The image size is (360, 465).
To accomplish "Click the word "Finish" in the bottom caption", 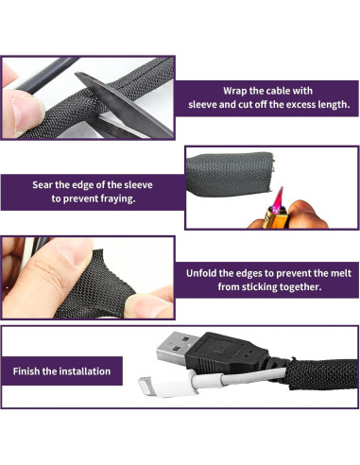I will click(x=29, y=371).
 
